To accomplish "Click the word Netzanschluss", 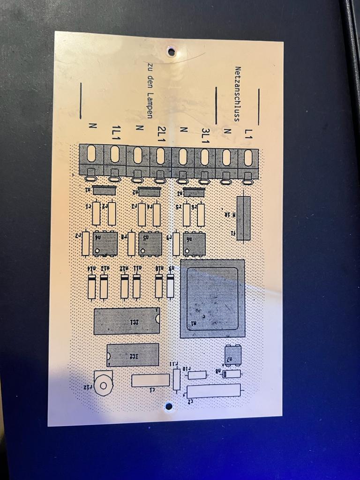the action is (238, 93).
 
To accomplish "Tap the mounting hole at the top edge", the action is (171, 52).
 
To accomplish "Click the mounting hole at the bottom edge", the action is (169, 407).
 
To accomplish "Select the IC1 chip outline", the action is (127, 321).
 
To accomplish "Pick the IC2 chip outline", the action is (133, 355).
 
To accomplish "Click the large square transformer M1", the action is (212, 299).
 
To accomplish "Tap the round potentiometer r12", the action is (103, 383).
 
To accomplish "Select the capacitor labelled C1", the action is (150, 380).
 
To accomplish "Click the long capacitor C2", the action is (214, 390).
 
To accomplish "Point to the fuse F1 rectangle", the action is (243, 218).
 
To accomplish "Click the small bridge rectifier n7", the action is (233, 355).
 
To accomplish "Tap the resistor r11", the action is (177, 379).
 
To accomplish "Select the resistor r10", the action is (197, 375).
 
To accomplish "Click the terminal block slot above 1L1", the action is (115, 154).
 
